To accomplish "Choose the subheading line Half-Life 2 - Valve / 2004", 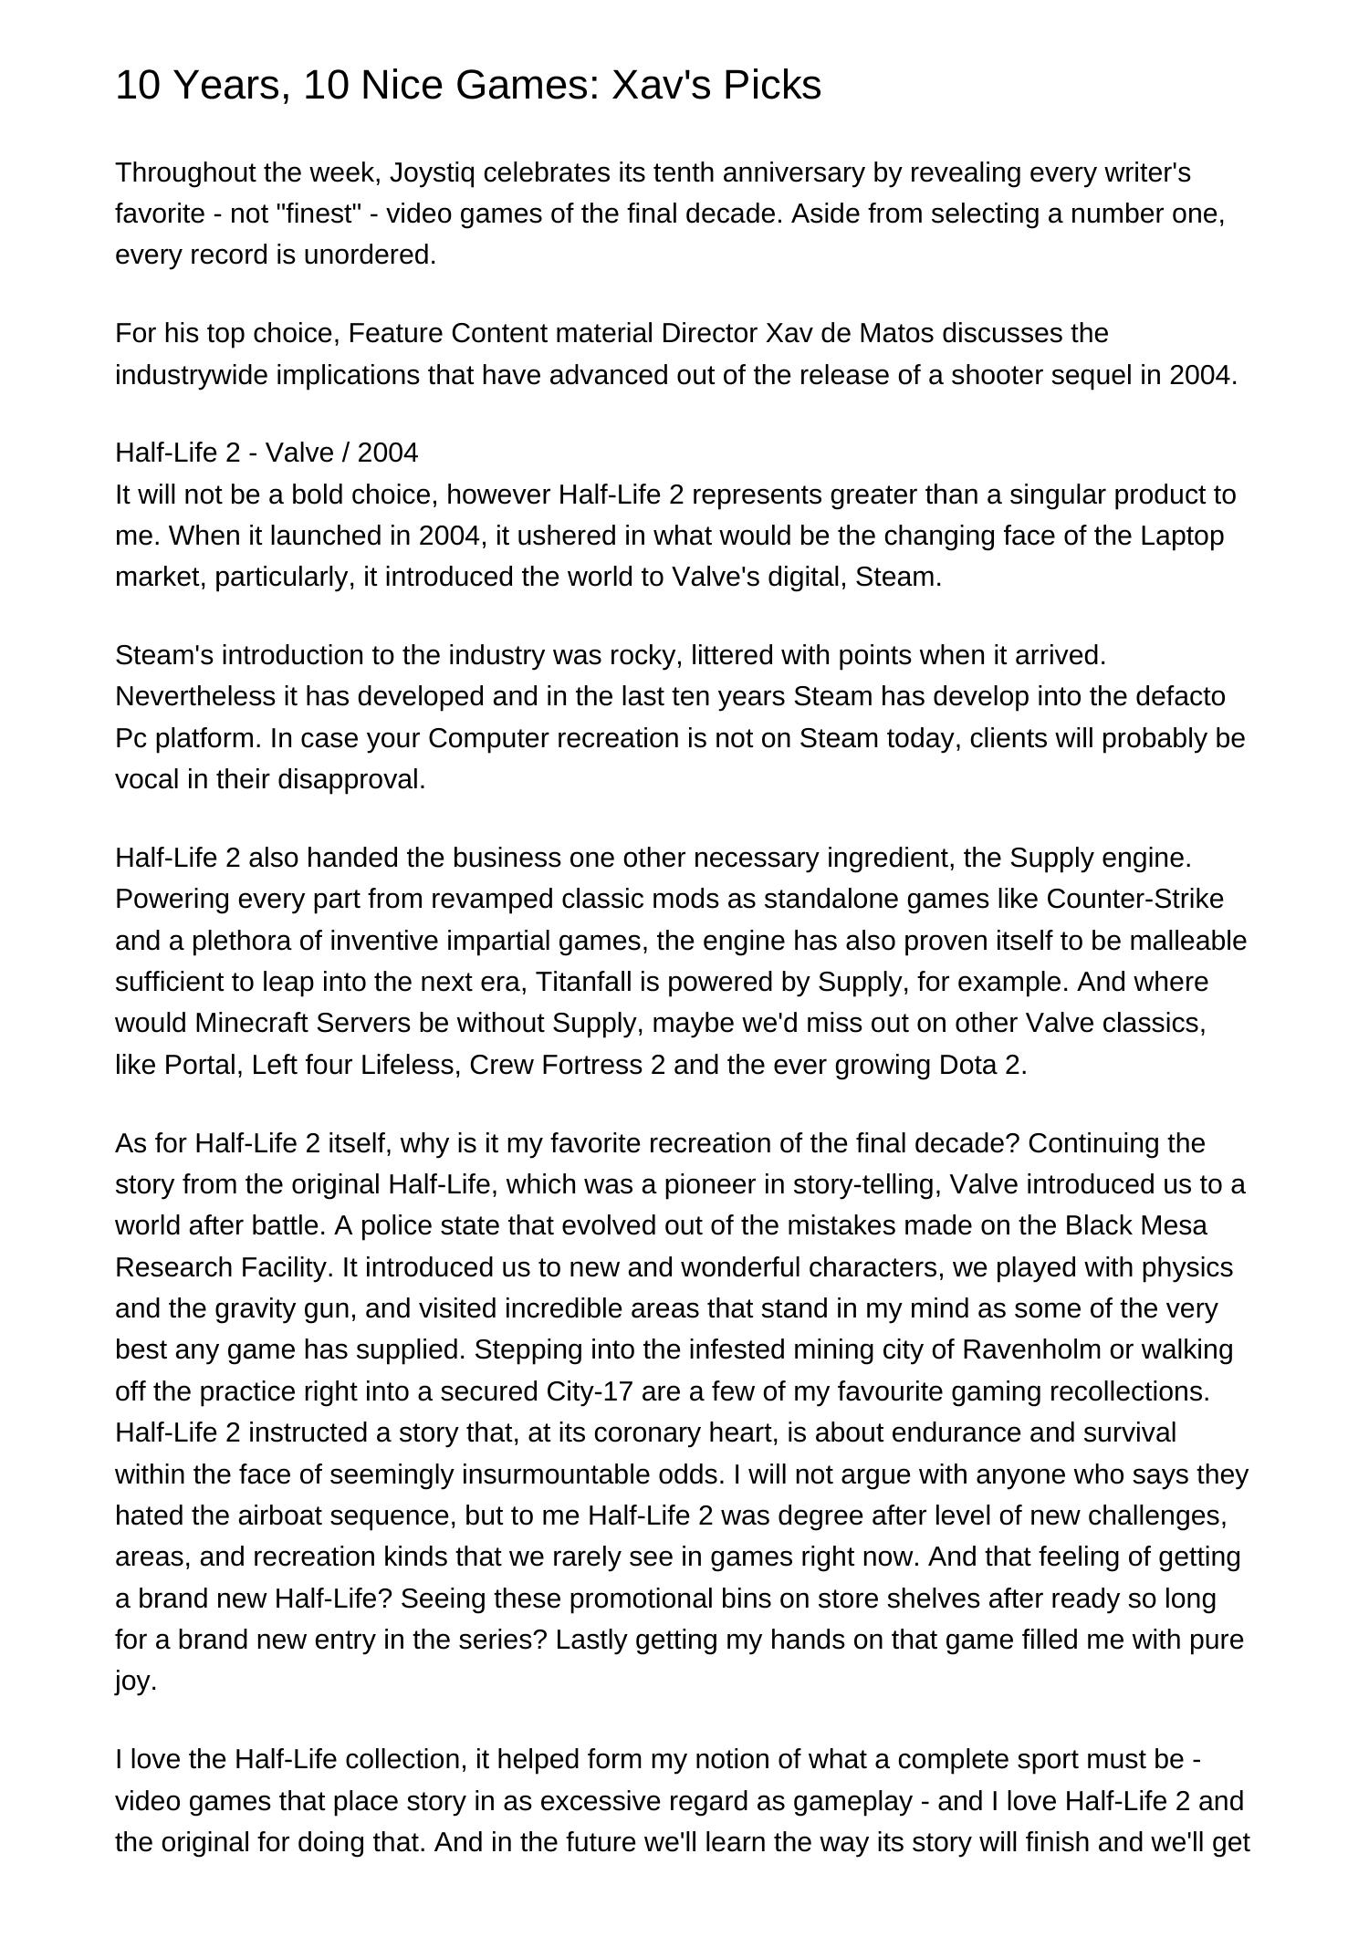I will tap(266, 453).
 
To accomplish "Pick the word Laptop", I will tap(1182, 536).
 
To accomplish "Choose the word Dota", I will tap(971, 1065).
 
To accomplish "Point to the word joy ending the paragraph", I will tap(135, 1681).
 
